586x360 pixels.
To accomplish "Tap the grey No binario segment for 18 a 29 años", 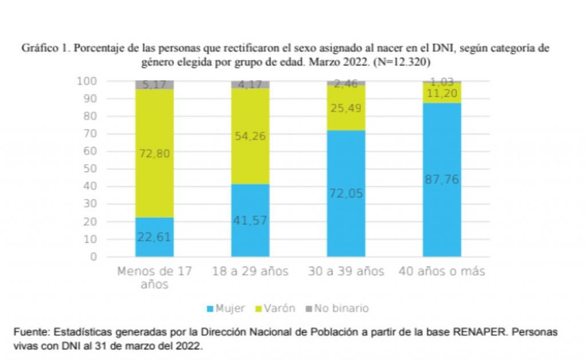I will coord(250,85).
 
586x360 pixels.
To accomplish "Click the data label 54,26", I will coord(250,136).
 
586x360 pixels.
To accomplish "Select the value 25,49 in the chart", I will coord(346,108).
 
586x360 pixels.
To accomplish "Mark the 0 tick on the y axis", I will coord(93,256).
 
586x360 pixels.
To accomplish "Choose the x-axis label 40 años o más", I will coord(442,271).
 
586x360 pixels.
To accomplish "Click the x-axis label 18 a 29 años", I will coord(250,271).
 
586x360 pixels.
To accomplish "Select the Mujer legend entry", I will coord(225,308).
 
